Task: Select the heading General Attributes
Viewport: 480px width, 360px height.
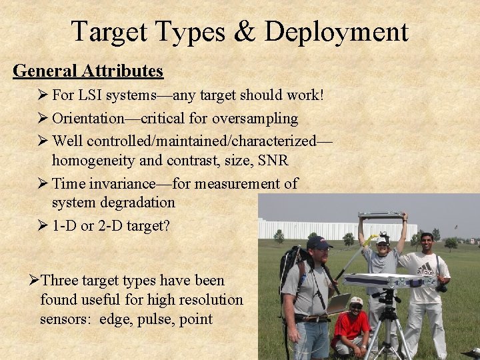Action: click(88, 71)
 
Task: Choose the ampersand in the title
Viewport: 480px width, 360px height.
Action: click(245, 31)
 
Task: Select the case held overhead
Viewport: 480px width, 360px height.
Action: click(381, 215)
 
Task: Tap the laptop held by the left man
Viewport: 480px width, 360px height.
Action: click(338, 303)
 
